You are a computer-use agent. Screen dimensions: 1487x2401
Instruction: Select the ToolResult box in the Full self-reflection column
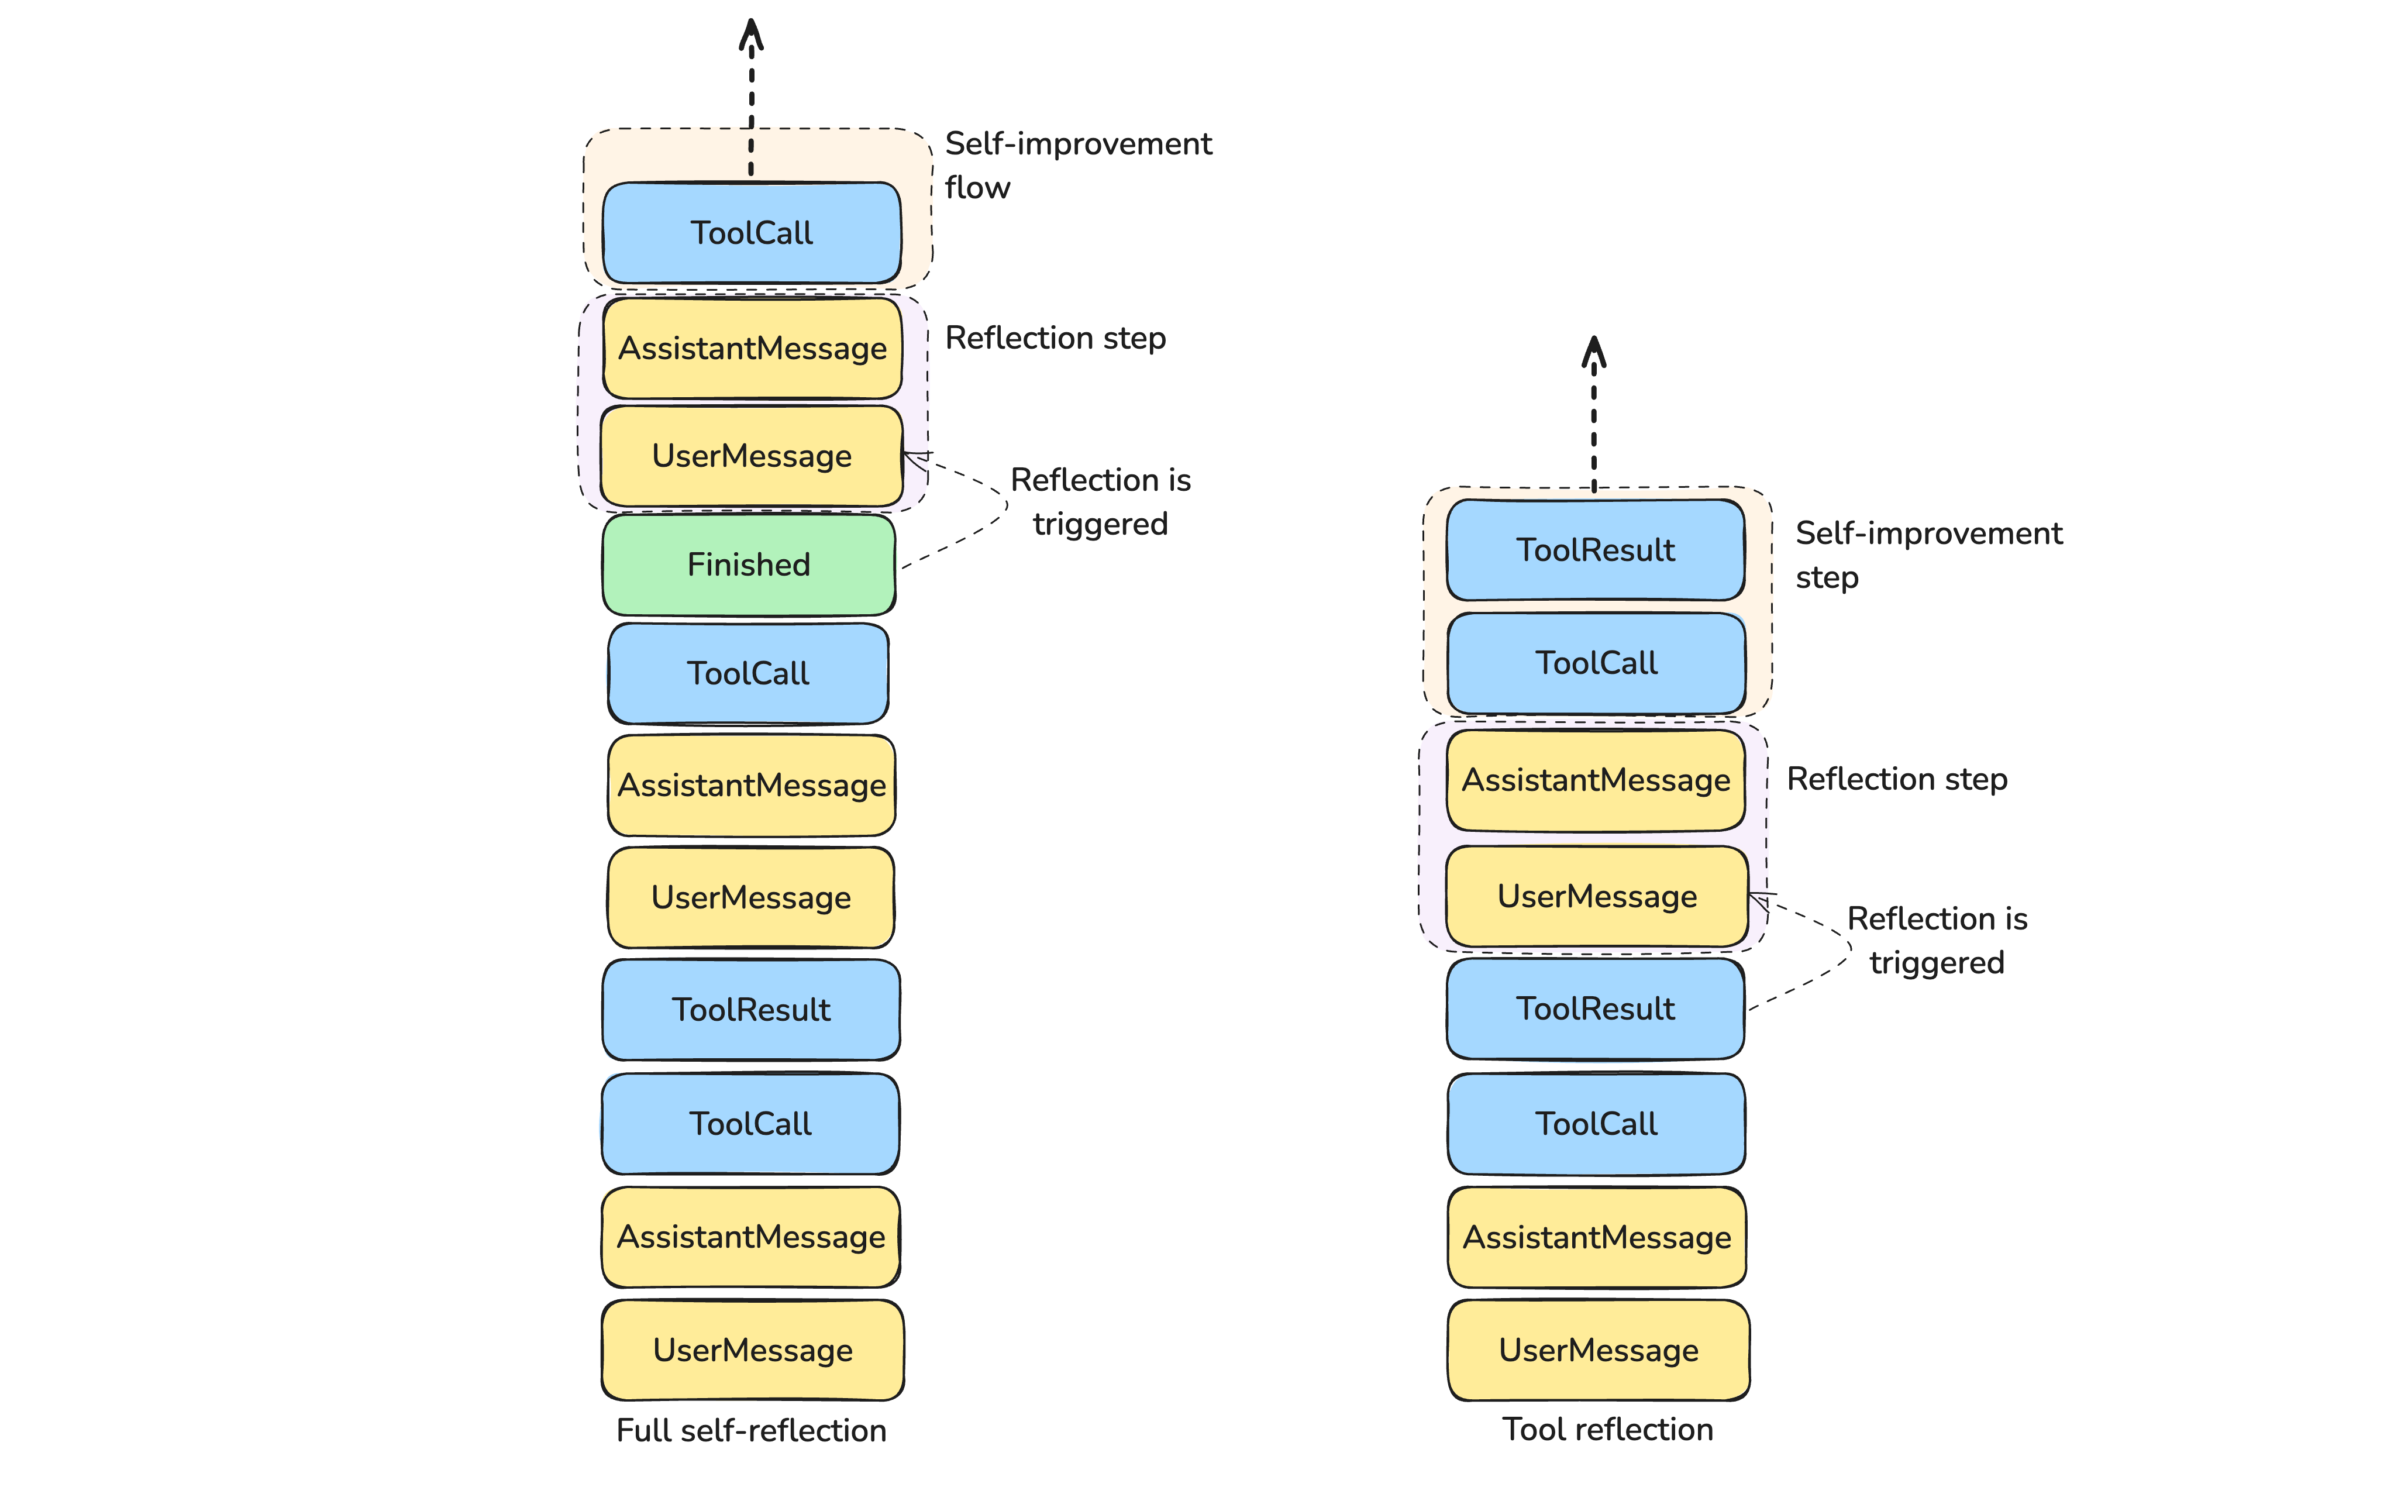coord(751,1010)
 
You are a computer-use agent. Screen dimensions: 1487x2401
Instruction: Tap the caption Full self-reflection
coord(751,1430)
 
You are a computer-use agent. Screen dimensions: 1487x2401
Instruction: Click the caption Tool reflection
coord(1607,1429)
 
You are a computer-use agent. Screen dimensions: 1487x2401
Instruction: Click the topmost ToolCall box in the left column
coord(751,233)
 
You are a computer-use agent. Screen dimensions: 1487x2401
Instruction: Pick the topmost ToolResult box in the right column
coord(1595,550)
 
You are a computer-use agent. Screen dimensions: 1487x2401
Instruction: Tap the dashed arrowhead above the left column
coord(751,35)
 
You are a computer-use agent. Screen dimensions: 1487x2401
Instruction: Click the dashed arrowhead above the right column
coord(1594,352)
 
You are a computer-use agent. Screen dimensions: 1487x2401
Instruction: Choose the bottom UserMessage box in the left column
coord(752,1350)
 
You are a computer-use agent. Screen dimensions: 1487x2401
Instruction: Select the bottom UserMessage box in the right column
coord(1599,1350)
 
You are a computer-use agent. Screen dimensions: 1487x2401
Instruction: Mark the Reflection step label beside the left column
coord(1055,338)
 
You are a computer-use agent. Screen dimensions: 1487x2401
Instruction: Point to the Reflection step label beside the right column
coord(1897,779)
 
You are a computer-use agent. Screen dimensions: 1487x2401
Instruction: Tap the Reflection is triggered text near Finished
coord(1100,501)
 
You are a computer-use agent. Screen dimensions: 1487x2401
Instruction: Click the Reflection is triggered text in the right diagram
coord(1937,940)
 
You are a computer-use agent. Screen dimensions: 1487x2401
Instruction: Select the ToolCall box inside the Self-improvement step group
coord(1596,663)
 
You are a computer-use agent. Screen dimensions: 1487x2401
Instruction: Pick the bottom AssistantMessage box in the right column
coord(1597,1237)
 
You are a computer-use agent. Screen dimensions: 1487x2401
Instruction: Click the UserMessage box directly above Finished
coord(751,456)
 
